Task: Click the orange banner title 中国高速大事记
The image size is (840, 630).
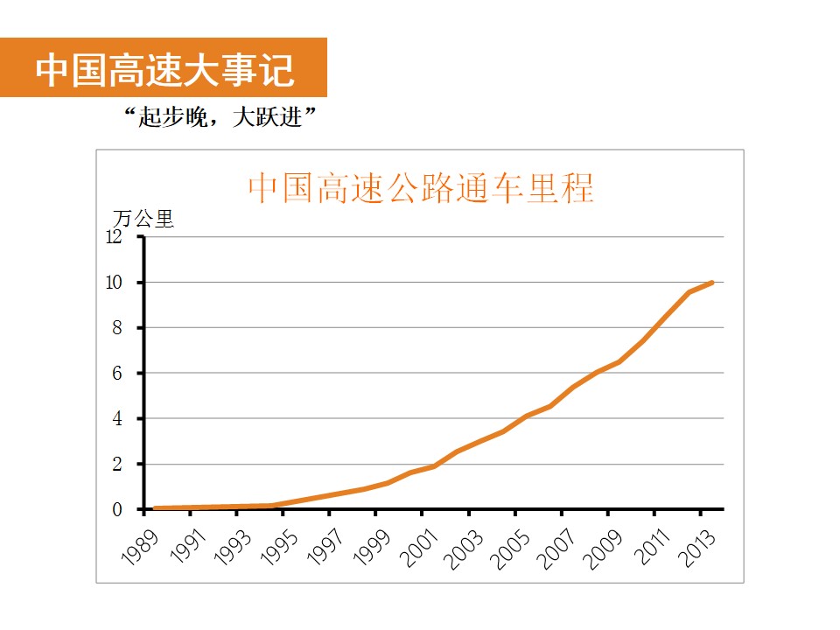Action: pyautogui.click(x=164, y=69)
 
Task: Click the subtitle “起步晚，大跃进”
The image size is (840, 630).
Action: pyautogui.click(x=220, y=117)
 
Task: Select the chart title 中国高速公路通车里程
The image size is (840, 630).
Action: pyautogui.click(x=421, y=188)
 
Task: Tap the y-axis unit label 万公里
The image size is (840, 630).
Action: pyautogui.click(x=144, y=219)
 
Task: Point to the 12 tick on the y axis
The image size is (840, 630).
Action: pyautogui.click(x=114, y=237)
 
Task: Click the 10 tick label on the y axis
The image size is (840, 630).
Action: pyautogui.click(x=114, y=283)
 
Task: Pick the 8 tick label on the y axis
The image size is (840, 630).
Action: pyautogui.click(x=116, y=328)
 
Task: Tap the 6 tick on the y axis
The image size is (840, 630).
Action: pyautogui.click(x=116, y=374)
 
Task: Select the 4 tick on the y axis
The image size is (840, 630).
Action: pyautogui.click(x=116, y=419)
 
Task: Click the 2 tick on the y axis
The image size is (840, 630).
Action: pyautogui.click(x=116, y=465)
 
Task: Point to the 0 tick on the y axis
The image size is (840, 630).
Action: pyautogui.click(x=116, y=509)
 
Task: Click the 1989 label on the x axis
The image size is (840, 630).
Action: pyautogui.click(x=141, y=545)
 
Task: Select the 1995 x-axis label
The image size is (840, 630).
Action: pyautogui.click(x=280, y=545)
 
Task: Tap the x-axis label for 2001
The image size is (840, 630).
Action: pyautogui.click(x=419, y=545)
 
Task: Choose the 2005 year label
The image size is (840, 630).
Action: pyautogui.click(x=512, y=545)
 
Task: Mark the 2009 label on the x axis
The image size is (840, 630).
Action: pyautogui.click(x=605, y=545)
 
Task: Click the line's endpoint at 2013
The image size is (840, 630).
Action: pyautogui.click(x=712, y=283)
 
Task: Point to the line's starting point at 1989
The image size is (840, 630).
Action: pyautogui.click(x=155, y=508)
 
